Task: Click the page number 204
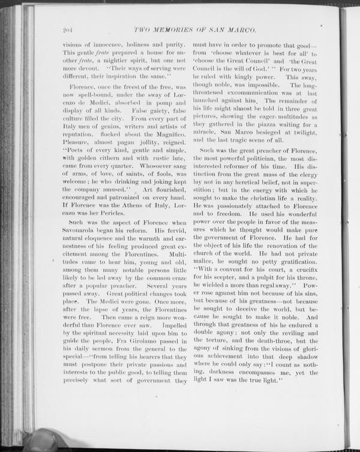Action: pyautogui.click(x=67, y=31)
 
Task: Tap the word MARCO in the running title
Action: pyautogui.click(x=245, y=31)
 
